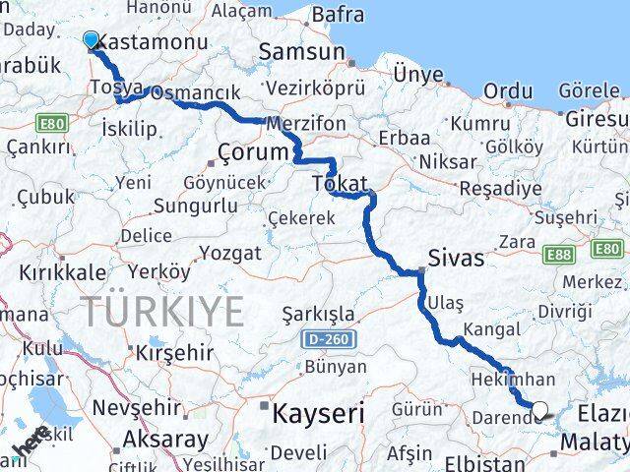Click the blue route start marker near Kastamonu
tap(92, 40)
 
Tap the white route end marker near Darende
tap(539, 410)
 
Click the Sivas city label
tap(457, 259)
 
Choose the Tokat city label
tap(339, 184)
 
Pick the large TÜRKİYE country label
tap(162, 312)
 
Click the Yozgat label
tap(229, 253)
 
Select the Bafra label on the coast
tap(337, 15)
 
